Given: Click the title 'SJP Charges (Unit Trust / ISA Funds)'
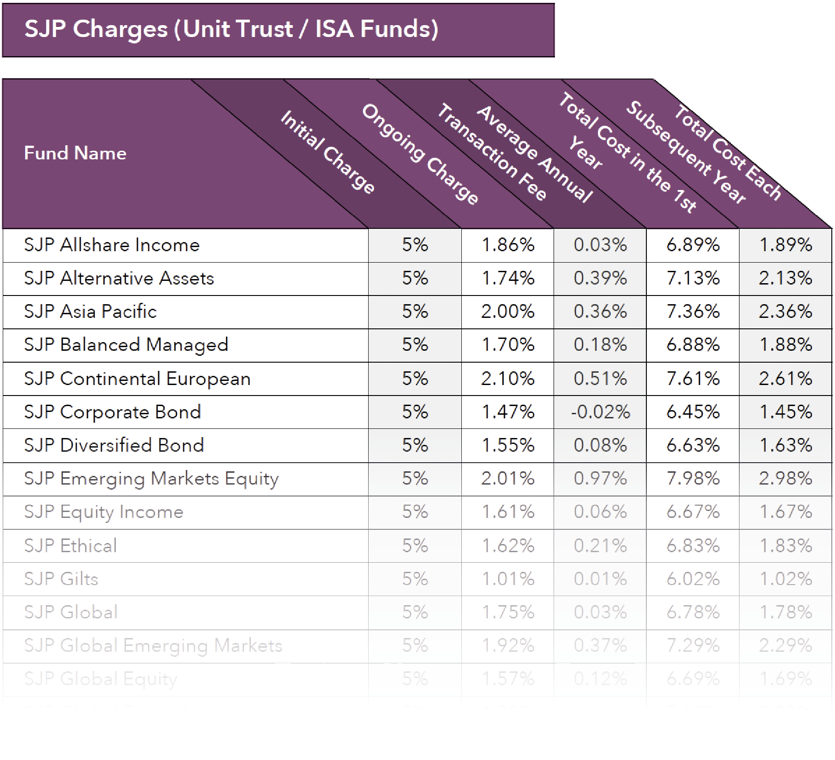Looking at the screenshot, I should [x=231, y=29].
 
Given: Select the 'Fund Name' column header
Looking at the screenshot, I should [x=75, y=153].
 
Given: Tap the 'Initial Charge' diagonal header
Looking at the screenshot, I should [x=328, y=153].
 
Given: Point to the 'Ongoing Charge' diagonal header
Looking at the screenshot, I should [x=420, y=154].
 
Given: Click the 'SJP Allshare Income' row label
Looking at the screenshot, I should [x=112, y=245].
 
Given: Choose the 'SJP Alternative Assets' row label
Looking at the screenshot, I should [x=119, y=279].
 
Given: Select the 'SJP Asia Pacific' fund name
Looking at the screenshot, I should [x=90, y=312].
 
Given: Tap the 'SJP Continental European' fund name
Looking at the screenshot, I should [x=137, y=379].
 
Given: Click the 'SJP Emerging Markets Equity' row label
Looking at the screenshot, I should [x=151, y=479].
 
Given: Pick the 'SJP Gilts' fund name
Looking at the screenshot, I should [x=61, y=579].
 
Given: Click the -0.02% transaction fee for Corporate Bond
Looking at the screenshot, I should [x=600, y=412].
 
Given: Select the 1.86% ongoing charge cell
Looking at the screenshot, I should [x=508, y=245].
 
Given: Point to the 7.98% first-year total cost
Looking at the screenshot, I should [x=692, y=479].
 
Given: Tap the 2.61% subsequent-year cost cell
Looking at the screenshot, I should [x=785, y=379].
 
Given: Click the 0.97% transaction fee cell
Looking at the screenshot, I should [x=600, y=479].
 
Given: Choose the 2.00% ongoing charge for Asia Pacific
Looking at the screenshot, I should [x=507, y=312].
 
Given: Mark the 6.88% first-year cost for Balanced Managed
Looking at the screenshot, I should [x=692, y=345].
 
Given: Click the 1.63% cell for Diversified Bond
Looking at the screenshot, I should [x=785, y=446].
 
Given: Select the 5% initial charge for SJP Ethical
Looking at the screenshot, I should [x=415, y=546].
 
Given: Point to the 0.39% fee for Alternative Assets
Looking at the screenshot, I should [x=600, y=279].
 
